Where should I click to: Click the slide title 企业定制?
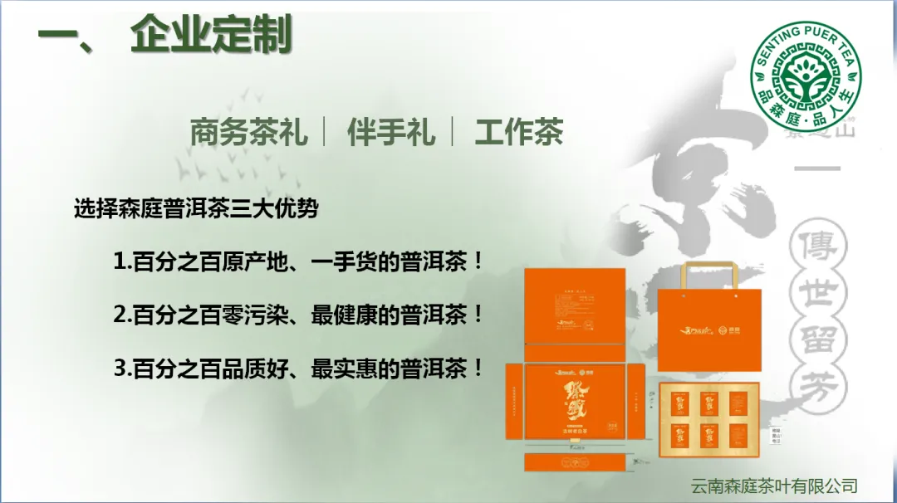click(x=211, y=37)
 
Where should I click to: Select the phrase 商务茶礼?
click(x=248, y=133)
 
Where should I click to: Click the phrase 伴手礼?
click(x=391, y=133)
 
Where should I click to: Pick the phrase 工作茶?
click(x=519, y=133)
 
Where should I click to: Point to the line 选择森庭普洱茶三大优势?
click(x=196, y=208)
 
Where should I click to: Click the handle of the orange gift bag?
click(x=710, y=274)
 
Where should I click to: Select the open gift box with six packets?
click(x=709, y=419)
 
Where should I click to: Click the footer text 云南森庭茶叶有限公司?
click(x=774, y=486)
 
